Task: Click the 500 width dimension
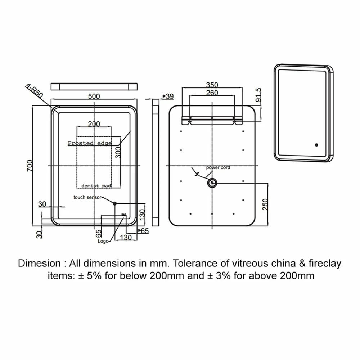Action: click(x=94, y=96)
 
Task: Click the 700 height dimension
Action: click(x=30, y=166)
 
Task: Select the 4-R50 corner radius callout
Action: click(x=34, y=91)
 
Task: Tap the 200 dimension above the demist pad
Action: click(x=94, y=124)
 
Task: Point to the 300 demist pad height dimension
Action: click(x=118, y=153)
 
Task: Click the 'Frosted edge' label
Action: click(x=90, y=143)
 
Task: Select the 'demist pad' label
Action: click(x=96, y=186)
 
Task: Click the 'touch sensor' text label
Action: click(x=87, y=197)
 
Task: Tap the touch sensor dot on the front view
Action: click(x=115, y=203)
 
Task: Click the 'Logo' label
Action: click(x=103, y=241)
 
